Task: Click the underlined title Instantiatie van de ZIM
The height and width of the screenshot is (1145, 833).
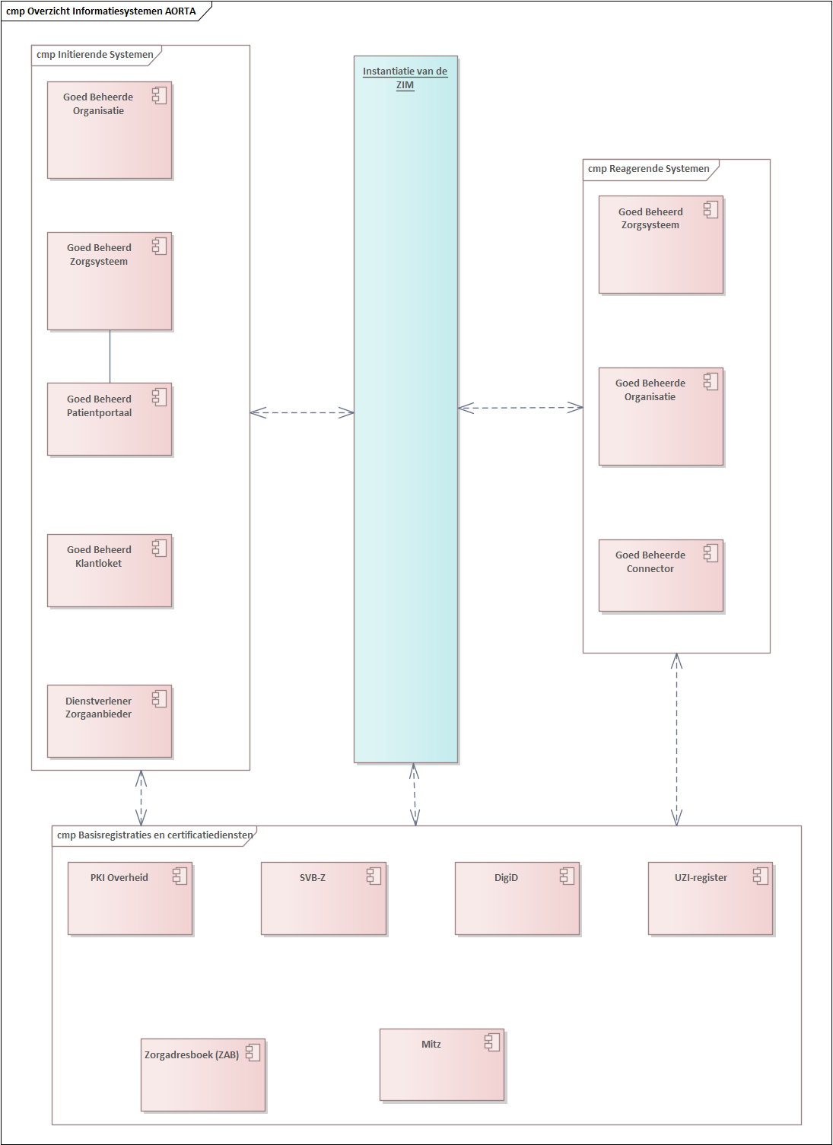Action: point(405,78)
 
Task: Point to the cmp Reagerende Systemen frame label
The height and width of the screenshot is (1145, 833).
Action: point(649,169)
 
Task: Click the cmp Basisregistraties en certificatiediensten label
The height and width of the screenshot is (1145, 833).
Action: point(154,835)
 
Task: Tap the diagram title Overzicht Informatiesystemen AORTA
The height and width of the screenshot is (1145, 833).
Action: point(101,11)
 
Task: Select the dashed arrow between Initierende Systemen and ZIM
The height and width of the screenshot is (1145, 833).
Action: point(302,412)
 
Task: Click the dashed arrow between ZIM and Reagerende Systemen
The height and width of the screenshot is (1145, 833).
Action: point(520,408)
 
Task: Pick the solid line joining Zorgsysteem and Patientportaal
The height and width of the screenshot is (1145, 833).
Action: point(110,357)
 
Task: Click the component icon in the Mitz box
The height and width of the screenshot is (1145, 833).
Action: point(493,1042)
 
